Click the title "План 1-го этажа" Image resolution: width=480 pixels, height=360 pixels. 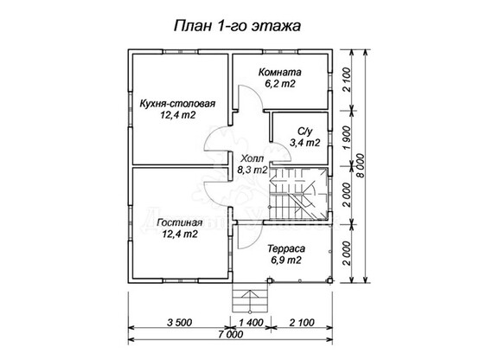[237, 26]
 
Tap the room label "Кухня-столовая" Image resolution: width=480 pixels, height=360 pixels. [177, 104]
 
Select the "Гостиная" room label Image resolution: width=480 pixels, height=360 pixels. [179, 222]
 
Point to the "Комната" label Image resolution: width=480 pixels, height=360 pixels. [280, 73]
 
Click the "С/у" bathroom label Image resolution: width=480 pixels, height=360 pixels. [305, 132]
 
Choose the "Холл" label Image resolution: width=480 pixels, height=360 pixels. [252, 159]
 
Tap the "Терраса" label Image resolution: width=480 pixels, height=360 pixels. [286, 248]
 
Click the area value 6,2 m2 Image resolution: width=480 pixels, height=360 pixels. [280, 84]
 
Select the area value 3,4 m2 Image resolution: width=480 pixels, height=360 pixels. [305, 143]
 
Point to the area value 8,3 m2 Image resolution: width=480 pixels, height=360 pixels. [253, 170]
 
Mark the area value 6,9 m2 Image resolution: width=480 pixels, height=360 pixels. [286, 260]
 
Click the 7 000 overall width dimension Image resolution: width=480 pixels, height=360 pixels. [231, 334]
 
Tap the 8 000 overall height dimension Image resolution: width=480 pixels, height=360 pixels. [362, 166]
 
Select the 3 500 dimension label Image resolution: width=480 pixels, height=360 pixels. [180, 322]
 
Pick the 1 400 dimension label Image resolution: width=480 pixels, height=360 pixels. [251, 322]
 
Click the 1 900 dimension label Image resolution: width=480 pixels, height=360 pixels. [347, 138]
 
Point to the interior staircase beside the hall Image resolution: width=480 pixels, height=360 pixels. [298, 194]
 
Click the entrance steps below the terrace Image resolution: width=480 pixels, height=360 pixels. [251, 298]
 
